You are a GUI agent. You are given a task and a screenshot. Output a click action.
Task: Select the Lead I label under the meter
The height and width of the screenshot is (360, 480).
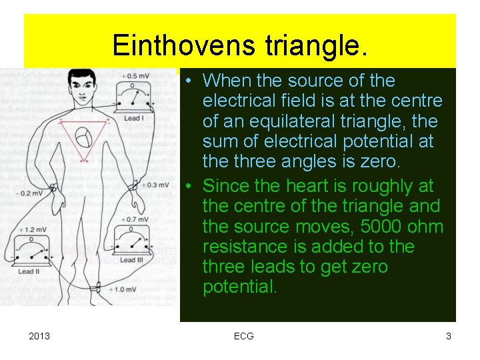[133, 119]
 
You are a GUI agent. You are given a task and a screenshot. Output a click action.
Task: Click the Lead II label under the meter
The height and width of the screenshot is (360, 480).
[29, 271]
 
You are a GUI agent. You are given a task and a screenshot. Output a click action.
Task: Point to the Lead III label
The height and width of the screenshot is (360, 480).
[132, 261]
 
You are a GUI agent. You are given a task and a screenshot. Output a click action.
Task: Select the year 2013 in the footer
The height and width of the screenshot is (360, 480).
[39, 336]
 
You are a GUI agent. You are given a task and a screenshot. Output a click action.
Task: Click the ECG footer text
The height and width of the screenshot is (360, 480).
[244, 336]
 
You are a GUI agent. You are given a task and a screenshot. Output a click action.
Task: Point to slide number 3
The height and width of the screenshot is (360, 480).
[449, 336]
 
